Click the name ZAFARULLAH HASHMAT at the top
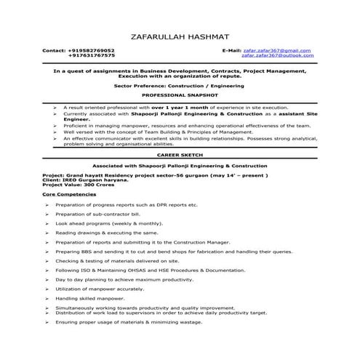point(180,35)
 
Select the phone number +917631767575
point(92,55)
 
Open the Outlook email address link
point(279,55)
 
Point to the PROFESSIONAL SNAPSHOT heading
point(179,95)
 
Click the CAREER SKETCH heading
point(179,155)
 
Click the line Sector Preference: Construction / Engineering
point(179,85)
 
